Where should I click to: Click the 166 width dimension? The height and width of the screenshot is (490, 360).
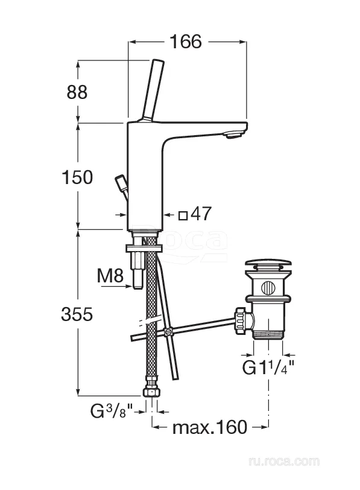[x=186, y=42]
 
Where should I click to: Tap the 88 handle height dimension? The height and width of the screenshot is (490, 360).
[x=77, y=92]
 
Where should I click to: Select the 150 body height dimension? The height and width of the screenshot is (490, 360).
[x=77, y=177]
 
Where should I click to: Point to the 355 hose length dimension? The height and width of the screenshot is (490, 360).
[x=77, y=314]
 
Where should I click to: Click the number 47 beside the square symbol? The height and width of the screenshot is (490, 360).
[x=201, y=214]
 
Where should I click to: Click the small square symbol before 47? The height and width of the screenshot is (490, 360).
[x=183, y=215]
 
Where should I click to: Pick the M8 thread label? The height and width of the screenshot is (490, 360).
[x=110, y=276]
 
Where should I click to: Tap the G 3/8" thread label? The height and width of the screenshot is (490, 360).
[x=112, y=411]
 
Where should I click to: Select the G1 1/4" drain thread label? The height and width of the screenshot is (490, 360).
[x=268, y=367]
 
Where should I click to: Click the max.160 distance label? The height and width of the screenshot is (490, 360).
[x=210, y=427]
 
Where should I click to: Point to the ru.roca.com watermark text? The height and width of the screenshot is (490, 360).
[x=284, y=461]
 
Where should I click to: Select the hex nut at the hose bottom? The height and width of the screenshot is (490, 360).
[x=151, y=392]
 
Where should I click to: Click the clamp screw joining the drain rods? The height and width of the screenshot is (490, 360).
[x=169, y=331]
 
